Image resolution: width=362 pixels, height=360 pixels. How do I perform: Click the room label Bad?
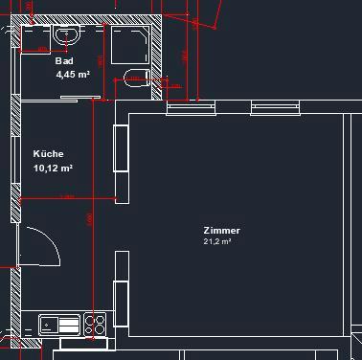[x=64, y=61]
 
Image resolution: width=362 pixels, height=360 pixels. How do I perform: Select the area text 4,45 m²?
[x=72, y=73]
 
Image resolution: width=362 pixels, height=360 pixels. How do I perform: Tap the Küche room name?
[x=48, y=154]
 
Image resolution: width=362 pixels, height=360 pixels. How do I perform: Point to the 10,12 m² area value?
[x=54, y=168]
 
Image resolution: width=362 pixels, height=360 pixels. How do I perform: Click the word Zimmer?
[x=221, y=231]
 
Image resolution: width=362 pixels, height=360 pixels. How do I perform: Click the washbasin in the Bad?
[x=67, y=35]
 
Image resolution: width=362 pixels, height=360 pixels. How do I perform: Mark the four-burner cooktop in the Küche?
[x=94, y=323]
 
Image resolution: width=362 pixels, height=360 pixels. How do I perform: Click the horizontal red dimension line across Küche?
[x=67, y=199]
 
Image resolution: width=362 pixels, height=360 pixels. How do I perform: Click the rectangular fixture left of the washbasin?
[x=37, y=48]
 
